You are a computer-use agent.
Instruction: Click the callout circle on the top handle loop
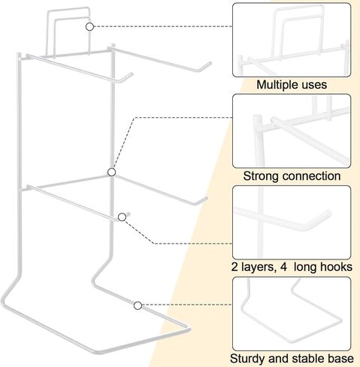point(89,26)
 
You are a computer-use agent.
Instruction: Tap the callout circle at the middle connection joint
point(111,172)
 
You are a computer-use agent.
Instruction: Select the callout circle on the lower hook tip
point(122,217)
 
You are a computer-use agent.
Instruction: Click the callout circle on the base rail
point(138,306)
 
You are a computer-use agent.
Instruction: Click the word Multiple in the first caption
point(277,85)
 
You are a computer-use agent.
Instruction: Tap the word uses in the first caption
point(314,85)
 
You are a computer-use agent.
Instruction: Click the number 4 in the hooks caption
point(283,267)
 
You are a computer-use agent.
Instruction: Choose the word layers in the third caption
point(259,268)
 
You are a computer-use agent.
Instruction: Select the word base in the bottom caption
point(340,359)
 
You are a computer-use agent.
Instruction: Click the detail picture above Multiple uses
point(292,40)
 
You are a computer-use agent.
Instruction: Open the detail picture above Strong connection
point(292,131)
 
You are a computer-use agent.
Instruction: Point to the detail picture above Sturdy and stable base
point(292,314)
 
